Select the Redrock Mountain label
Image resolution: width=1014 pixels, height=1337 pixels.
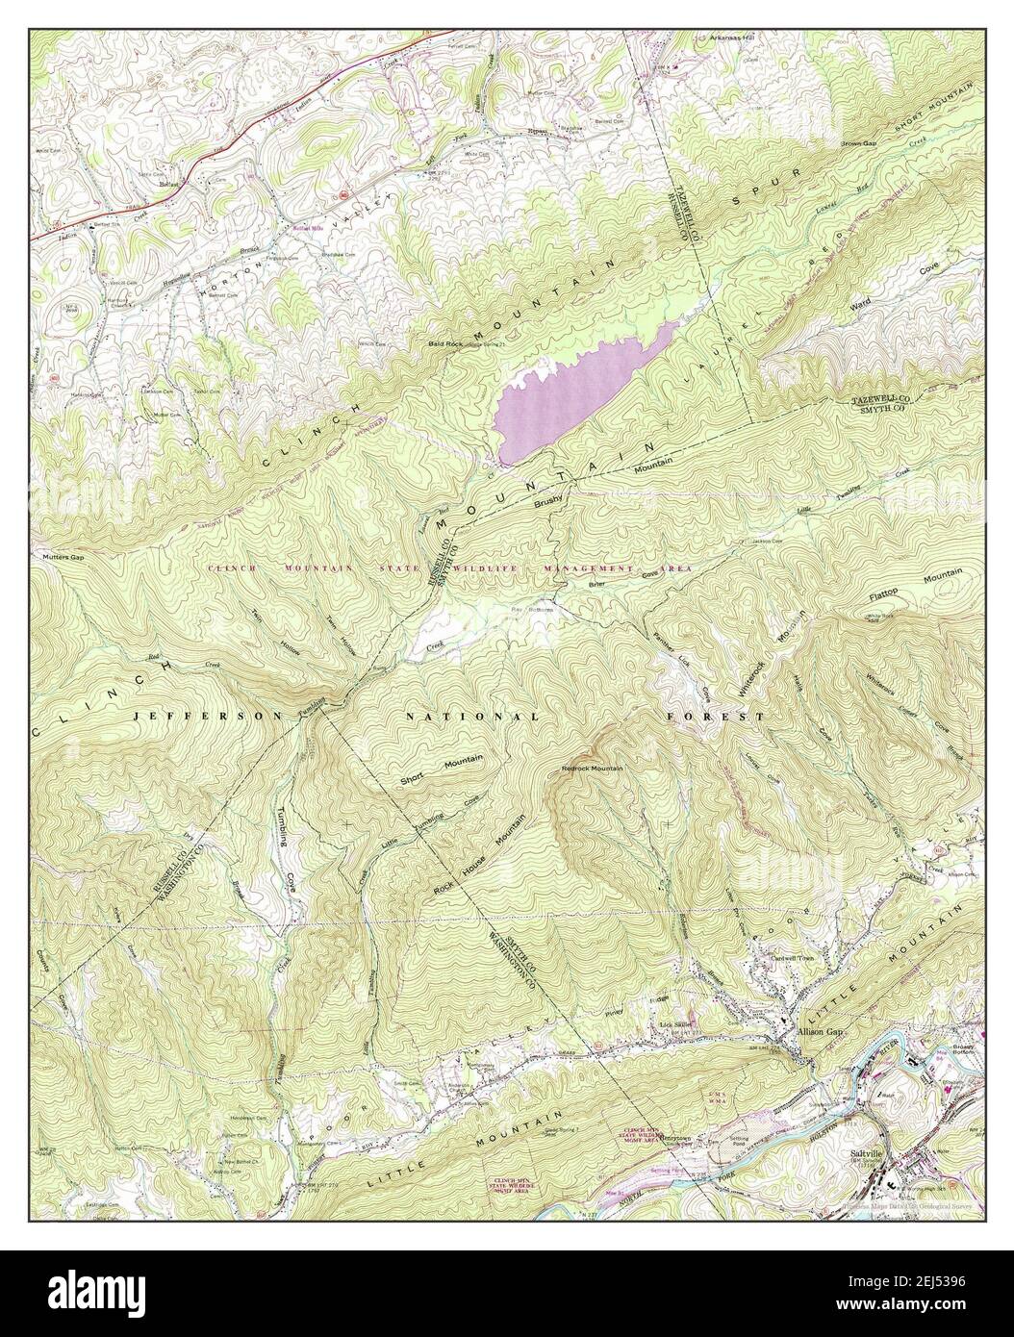[x=593, y=769]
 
